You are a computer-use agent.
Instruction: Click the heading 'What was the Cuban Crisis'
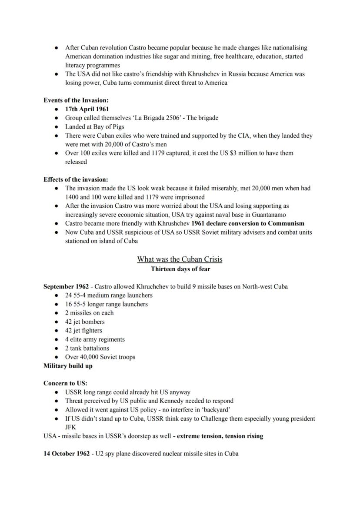(x=180, y=259)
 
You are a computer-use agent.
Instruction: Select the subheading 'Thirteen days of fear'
(x=180, y=269)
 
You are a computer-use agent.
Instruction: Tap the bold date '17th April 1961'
(x=87, y=109)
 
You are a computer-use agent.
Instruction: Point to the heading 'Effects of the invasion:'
(x=76, y=179)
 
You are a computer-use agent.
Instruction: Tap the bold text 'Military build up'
(x=68, y=366)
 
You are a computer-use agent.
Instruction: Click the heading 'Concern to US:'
(x=65, y=383)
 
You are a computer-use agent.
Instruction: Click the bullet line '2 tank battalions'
(x=87, y=348)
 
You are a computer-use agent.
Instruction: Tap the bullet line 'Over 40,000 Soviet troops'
(x=100, y=357)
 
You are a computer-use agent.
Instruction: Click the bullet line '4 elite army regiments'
(x=95, y=339)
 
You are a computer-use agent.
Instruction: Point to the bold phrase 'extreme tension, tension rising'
(x=220, y=436)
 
